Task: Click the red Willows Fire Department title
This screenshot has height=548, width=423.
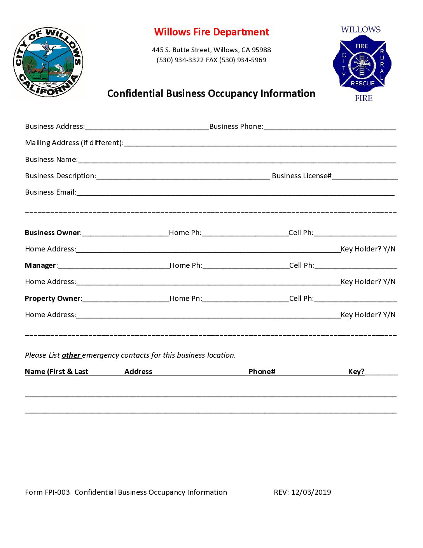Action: pyautogui.click(x=211, y=32)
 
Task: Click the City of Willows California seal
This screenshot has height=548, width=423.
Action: pyautogui.click(x=48, y=62)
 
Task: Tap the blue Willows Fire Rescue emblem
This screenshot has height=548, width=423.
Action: pyautogui.click(x=362, y=64)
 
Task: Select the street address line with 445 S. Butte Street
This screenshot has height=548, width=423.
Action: pyautogui.click(x=211, y=50)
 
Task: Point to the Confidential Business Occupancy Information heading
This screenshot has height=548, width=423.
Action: pyautogui.click(x=211, y=93)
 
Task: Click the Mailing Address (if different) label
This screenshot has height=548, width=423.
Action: pyautogui.click(x=74, y=143)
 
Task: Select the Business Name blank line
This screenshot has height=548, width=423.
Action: pyautogui.click(x=237, y=160)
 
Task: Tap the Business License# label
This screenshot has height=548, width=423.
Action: pyautogui.click(x=301, y=176)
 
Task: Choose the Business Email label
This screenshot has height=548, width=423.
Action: pyautogui.click(x=51, y=192)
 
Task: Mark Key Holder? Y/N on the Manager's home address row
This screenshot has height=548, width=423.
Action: pyautogui.click(x=368, y=282)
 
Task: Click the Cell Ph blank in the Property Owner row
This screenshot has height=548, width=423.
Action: pyautogui.click(x=355, y=299)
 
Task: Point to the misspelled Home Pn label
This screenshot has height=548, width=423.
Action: pyautogui.click(x=186, y=299)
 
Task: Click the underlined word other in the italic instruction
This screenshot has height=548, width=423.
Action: pyautogui.click(x=71, y=355)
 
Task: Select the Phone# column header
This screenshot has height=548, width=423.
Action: pyautogui.click(x=262, y=372)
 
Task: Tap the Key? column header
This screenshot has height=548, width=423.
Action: pyautogui.click(x=356, y=372)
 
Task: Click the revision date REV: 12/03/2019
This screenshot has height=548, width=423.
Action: pyautogui.click(x=302, y=492)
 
